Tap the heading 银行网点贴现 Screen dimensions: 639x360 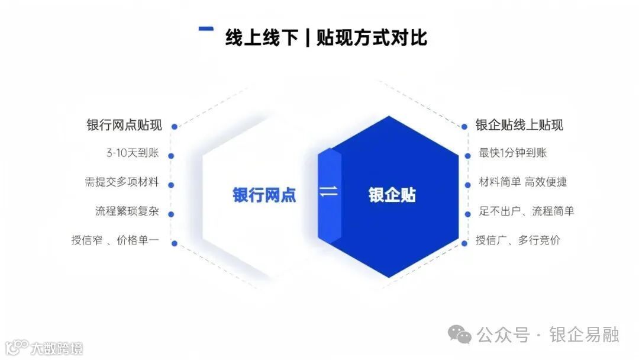124,126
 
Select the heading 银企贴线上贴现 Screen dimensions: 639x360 519,125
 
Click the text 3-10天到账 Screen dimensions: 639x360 133,153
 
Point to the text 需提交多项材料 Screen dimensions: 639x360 122,182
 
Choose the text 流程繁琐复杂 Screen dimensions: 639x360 127,211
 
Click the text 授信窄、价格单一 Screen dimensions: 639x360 115,240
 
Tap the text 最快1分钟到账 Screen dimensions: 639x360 513,153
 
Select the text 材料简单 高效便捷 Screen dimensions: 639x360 523,182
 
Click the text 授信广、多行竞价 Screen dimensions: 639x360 518,240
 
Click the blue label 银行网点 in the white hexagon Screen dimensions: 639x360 264,195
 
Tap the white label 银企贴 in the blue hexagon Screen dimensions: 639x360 392,195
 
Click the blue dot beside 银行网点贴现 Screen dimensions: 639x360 174,126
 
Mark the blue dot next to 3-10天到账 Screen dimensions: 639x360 172,156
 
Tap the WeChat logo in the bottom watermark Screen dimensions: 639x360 460,335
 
